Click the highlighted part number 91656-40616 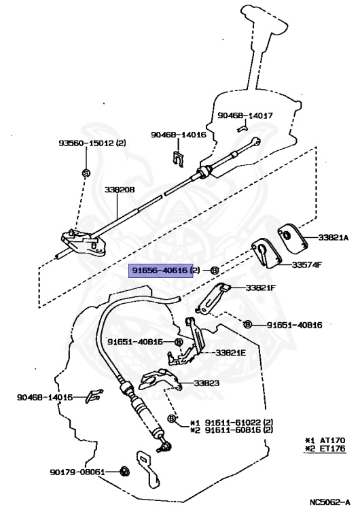coord(160,270)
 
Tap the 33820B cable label coord(120,190)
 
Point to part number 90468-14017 coord(245,116)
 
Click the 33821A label coord(333,237)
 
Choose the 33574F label coord(307,265)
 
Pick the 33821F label coord(261,288)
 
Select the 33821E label coord(230,353)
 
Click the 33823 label coord(206,383)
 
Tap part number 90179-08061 coord(77,472)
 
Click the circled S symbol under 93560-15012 coord(86,173)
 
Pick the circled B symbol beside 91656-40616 coord(215,271)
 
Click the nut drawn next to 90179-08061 coord(125,472)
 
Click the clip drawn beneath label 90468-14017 coord(243,128)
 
